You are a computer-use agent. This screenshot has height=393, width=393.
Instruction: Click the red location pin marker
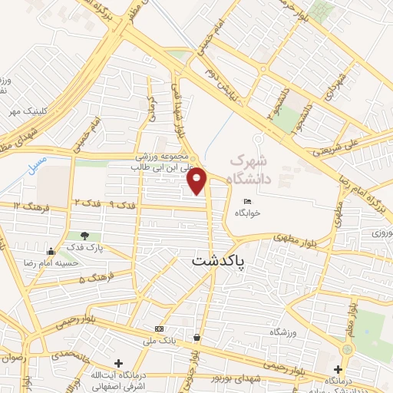198,179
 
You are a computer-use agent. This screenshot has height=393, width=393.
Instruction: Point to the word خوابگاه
246,213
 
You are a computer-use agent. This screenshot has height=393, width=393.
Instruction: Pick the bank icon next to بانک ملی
159,329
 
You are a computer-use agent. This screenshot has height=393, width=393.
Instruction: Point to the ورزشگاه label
284,332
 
